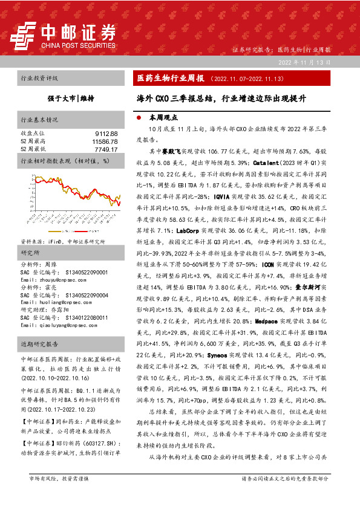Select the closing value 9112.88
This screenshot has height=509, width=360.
(105, 132)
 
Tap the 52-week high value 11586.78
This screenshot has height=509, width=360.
(103, 140)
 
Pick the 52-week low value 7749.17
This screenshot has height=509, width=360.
(105, 148)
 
